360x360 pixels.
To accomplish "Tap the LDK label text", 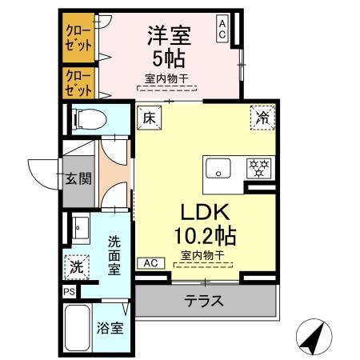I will [204, 212].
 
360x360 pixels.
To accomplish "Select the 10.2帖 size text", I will [204, 236].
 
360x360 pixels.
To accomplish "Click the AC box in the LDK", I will [150, 262].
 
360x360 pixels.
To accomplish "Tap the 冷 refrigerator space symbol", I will [262, 116].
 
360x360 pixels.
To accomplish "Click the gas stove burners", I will [258, 168].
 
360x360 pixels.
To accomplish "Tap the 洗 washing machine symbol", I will [74, 265].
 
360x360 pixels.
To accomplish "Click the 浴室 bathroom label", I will [110, 329].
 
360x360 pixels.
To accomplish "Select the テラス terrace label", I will [204, 302].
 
